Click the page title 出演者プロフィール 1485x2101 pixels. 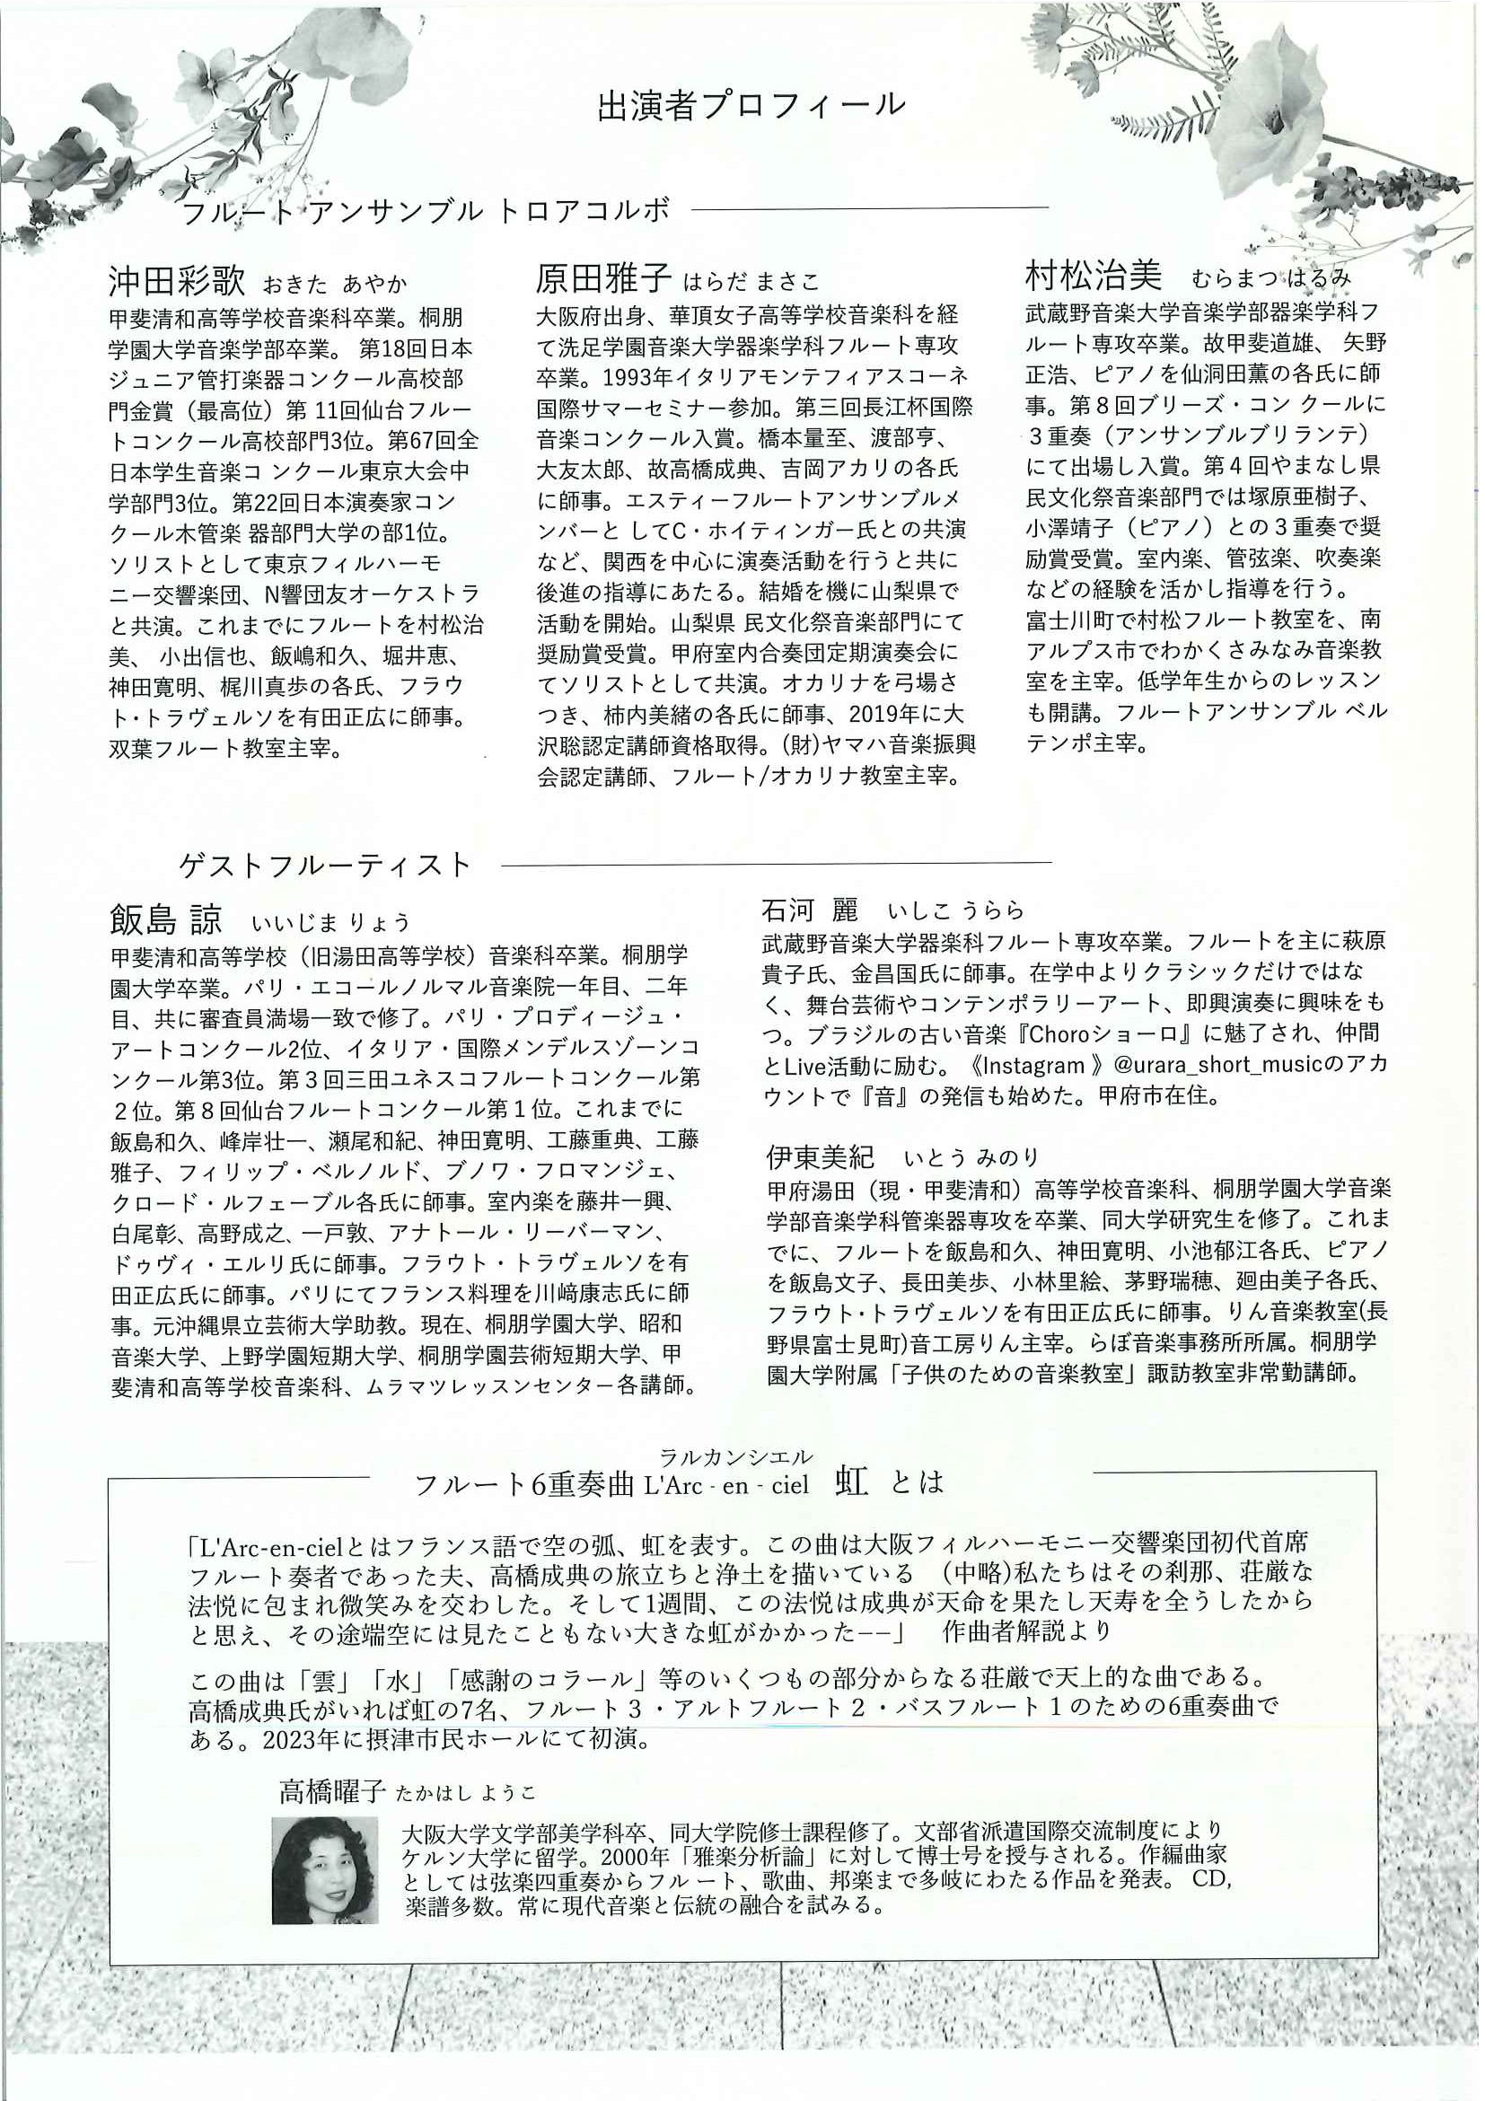pyautogui.click(x=751, y=105)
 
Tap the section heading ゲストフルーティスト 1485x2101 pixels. pyautogui.click(x=326, y=864)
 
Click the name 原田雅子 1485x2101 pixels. pyautogui.click(x=604, y=277)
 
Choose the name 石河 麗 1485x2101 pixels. pyautogui.click(x=809, y=910)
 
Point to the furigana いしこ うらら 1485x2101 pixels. pyautogui.click(x=954, y=911)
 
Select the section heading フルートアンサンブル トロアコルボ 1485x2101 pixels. pyautogui.click(x=426, y=212)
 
